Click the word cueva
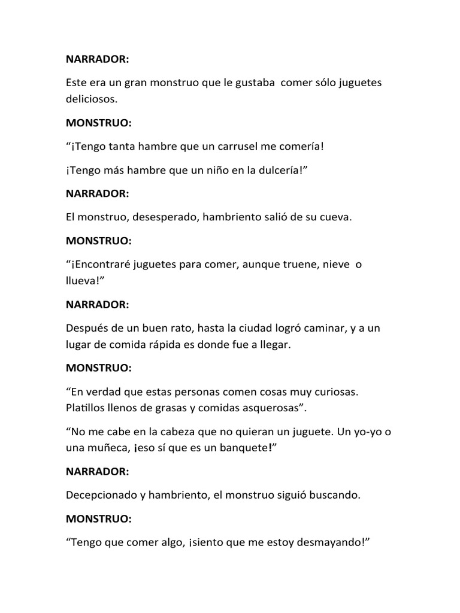pyautogui.click(x=336, y=217)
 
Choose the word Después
pyautogui.click(x=86, y=328)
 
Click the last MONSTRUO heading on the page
pyautogui.click(x=99, y=518)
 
